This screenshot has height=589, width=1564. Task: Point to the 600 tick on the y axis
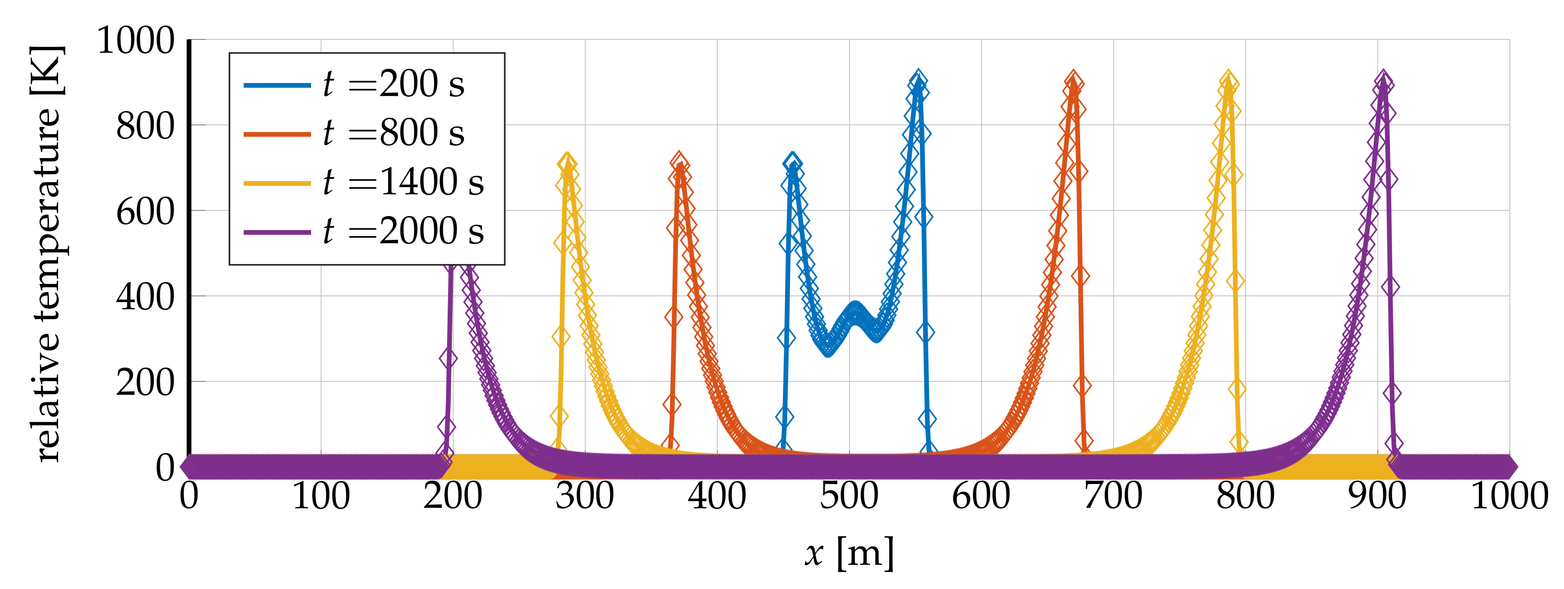click(145, 212)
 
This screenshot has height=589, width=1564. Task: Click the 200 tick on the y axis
click(145, 383)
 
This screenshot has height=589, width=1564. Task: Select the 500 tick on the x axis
click(849, 496)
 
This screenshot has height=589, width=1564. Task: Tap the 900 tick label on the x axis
click(1377, 496)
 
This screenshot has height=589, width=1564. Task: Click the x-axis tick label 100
click(321, 496)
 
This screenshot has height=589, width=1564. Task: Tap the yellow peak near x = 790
click(1229, 81)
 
